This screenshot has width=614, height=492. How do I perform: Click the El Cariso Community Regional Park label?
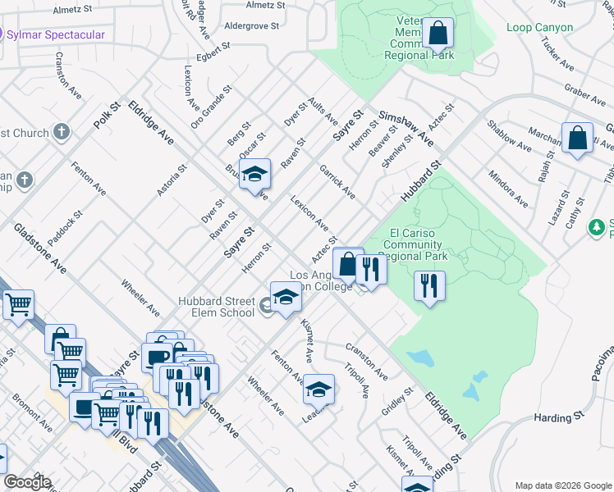415,244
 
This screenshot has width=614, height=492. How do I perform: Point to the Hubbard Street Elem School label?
218,307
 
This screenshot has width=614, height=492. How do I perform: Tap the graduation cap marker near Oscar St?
255,174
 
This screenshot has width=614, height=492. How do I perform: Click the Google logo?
27,482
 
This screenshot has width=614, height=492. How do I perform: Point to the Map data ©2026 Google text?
562,485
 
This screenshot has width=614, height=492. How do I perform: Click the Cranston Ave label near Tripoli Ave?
366,361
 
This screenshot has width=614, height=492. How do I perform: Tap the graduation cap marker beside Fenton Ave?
318,389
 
